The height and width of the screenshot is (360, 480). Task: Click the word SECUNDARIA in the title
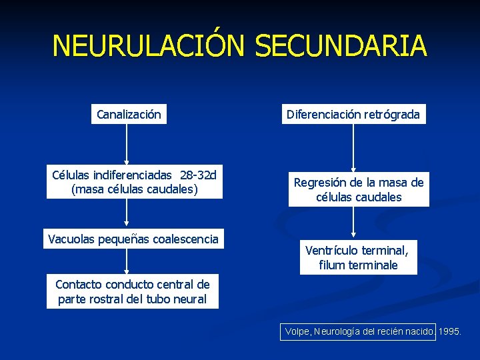pyautogui.click(x=340, y=46)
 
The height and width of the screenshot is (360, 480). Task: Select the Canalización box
pyautogui.click(x=129, y=115)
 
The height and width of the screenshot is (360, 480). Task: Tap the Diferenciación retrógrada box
pyautogui.click(x=353, y=115)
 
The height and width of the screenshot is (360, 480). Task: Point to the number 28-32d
pyautogui.click(x=198, y=175)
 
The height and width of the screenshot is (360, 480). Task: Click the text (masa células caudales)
pyautogui.click(x=134, y=189)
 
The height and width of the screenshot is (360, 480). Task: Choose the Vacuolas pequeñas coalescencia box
pyautogui.click(x=133, y=239)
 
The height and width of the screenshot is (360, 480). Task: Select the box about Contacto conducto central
pyautogui.click(x=133, y=292)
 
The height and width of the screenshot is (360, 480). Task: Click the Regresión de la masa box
pyautogui.click(x=359, y=189)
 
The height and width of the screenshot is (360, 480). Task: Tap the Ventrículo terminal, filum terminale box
pyautogui.click(x=359, y=257)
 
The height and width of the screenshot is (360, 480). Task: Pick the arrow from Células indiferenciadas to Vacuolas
pyautogui.click(x=127, y=214)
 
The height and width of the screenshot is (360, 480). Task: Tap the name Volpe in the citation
pyautogui.click(x=297, y=331)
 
